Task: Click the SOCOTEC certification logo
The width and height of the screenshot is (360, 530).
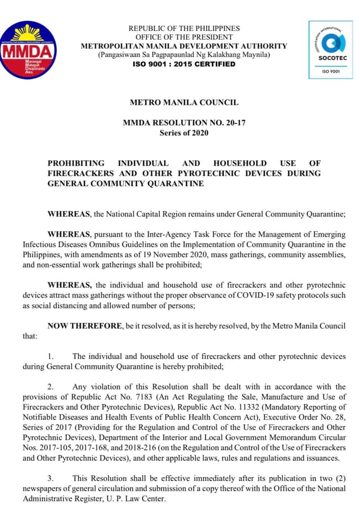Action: coord(332,49)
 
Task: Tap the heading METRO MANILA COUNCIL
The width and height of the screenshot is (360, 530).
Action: coord(184,103)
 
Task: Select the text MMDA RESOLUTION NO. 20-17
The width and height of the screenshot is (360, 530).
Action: coord(184,123)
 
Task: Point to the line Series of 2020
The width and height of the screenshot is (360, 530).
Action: coord(184,133)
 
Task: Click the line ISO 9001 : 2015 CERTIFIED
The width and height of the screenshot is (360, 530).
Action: coord(184,64)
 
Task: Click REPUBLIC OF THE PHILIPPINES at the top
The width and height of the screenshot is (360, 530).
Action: coord(184,28)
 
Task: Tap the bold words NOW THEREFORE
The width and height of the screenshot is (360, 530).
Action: coord(84,326)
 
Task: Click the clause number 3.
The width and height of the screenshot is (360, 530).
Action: coord(50,478)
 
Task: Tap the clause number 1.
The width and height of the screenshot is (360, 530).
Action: coord(50,357)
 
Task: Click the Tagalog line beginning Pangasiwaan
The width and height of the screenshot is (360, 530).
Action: coord(184,55)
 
